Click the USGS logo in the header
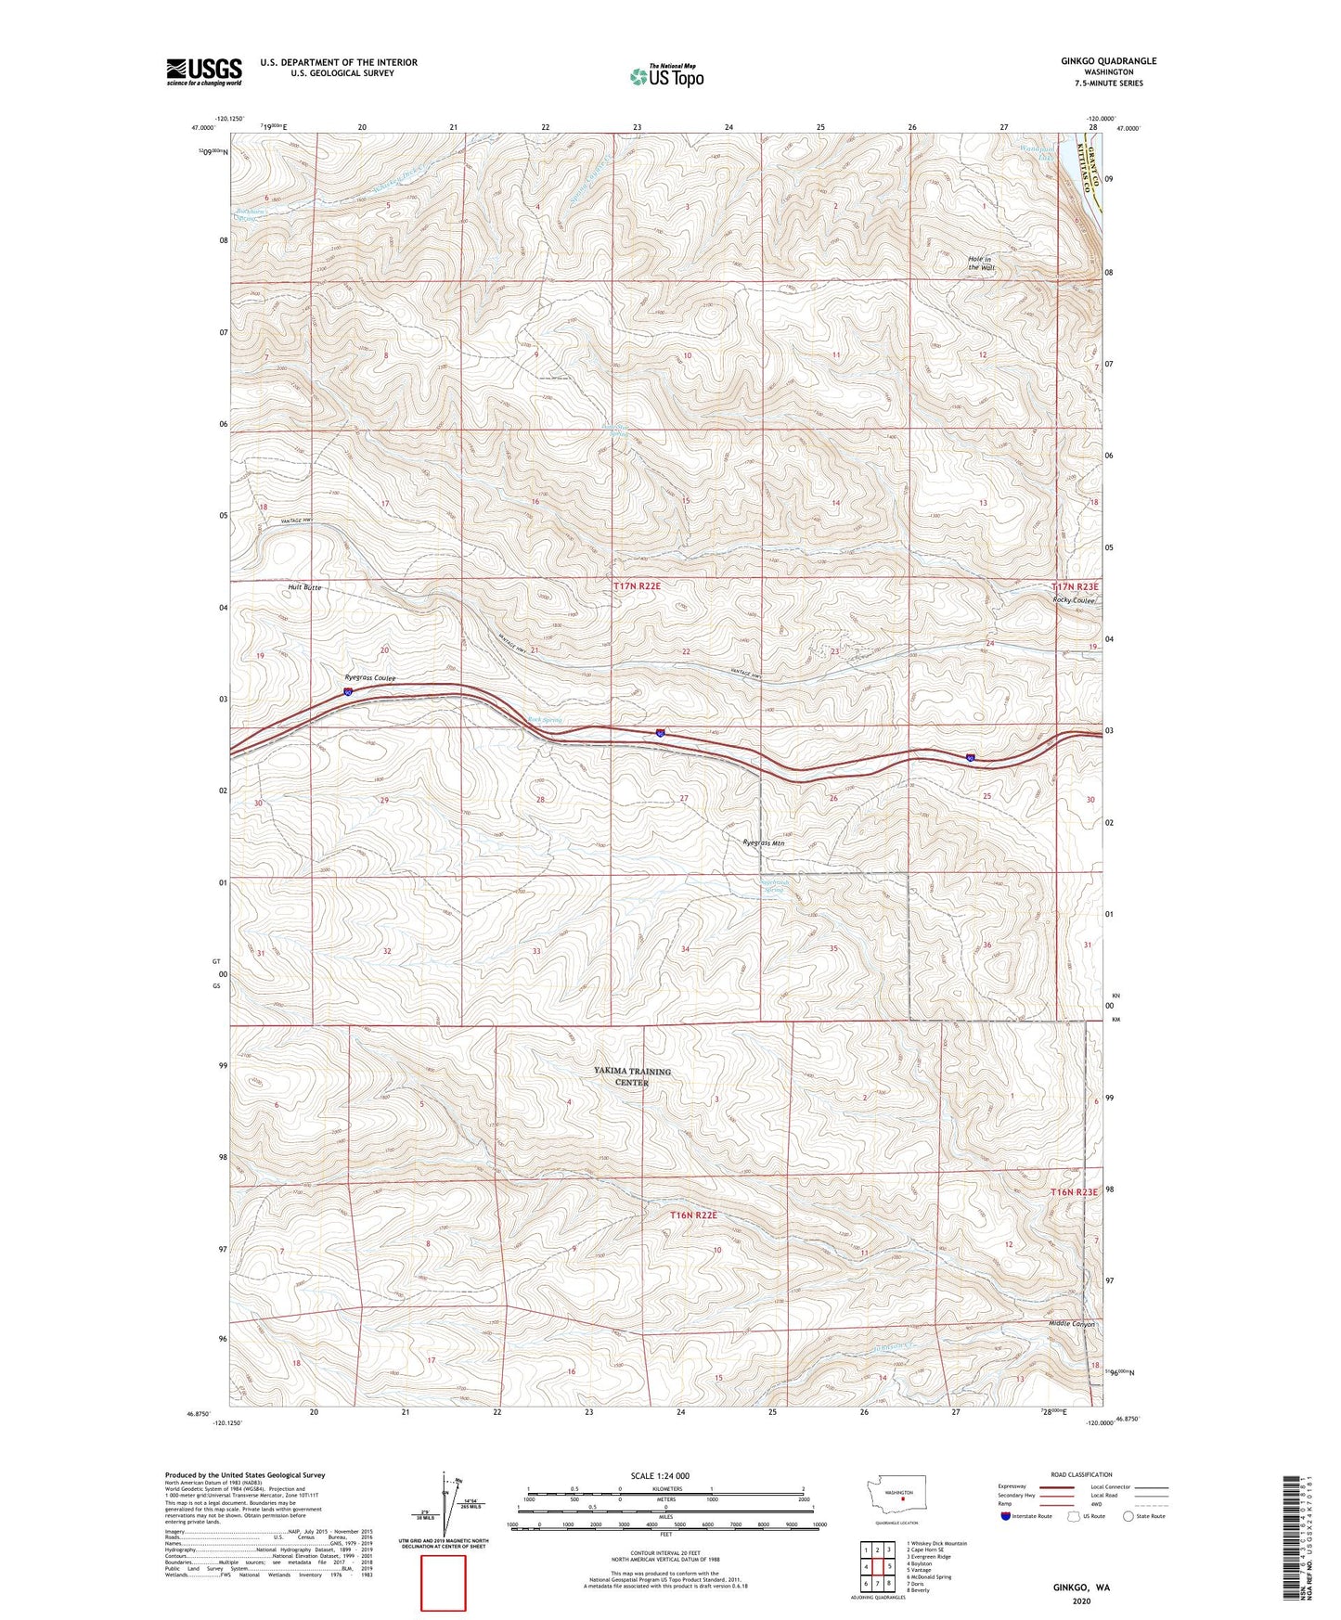pyautogui.click(x=203, y=71)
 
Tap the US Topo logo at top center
pyautogui.click(x=665, y=75)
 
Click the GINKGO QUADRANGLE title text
pyautogui.click(x=1108, y=61)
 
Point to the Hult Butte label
pyautogui.click(x=303, y=587)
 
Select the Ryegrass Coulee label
pyautogui.click(x=369, y=678)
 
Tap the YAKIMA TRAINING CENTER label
pyautogui.click(x=632, y=1076)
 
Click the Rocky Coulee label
pyautogui.click(x=1074, y=599)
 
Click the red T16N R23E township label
pyautogui.click(x=1074, y=1191)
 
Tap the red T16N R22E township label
pyautogui.click(x=694, y=1215)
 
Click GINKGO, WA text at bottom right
pyautogui.click(x=1080, y=1588)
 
